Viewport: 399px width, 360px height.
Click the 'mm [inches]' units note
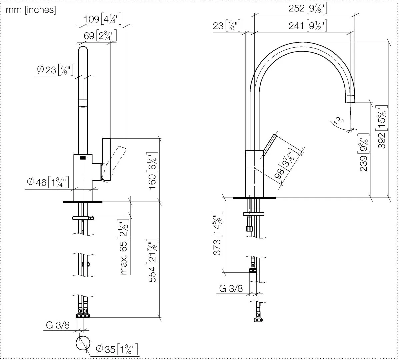[31, 10]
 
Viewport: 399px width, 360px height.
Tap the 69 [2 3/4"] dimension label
[100, 36]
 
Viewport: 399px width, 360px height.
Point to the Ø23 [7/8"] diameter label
[55, 70]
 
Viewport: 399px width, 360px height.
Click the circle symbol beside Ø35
[83, 343]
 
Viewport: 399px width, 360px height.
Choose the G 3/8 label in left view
[58, 325]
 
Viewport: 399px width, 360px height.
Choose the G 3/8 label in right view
[231, 288]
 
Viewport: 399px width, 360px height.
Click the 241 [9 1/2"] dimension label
[307, 26]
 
